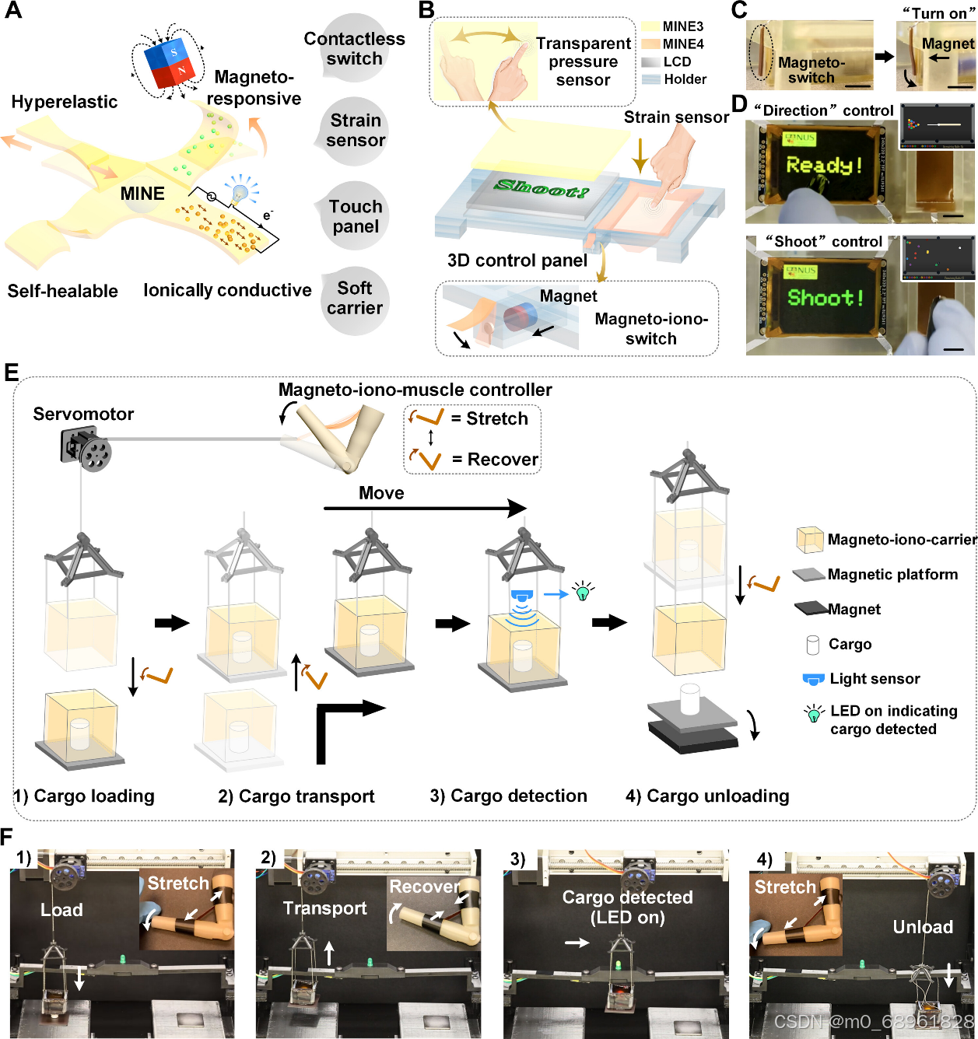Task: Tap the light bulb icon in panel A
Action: click(x=240, y=189)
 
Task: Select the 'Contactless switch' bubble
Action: click(x=355, y=48)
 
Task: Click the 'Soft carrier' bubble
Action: click(x=355, y=299)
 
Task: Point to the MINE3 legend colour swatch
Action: click(x=650, y=26)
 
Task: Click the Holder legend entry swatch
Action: click(x=650, y=79)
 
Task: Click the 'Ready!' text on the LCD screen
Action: click(x=824, y=165)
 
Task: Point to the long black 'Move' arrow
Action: click(x=425, y=509)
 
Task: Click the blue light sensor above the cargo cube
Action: click(x=521, y=596)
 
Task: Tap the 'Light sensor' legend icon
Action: click(x=813, y=679)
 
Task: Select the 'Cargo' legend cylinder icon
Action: click(x=813, y=645)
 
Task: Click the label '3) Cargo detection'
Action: click(x=508, y=796)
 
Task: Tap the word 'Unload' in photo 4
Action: click(x=923, y=926)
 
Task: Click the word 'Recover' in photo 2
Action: click(x=424, y=887)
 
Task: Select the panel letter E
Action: click(x=11, y=373)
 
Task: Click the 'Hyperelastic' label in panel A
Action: click(x=65, y=102)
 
